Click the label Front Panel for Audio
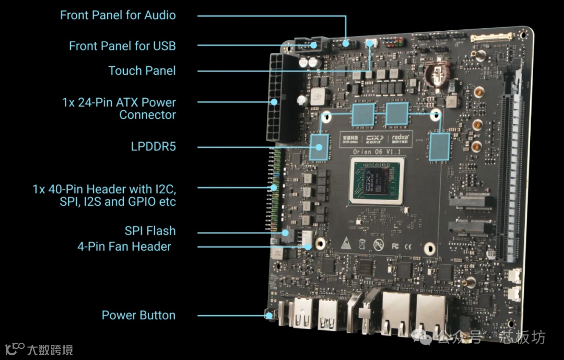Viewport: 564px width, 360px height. pos(118,15)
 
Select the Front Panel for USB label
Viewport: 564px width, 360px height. pos(122,46)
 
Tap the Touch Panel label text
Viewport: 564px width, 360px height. pos(142,71)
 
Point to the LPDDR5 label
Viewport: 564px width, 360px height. pos(153,146)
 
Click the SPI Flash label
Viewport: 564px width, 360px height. pos(150,231)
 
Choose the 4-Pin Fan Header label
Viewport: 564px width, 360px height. pos(124,246)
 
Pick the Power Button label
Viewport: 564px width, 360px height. pos(138,315)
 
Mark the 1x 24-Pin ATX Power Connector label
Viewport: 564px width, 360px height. pos(119,109)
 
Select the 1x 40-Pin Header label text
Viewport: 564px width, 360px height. pos(108,195)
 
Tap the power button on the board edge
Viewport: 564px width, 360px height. pos(269,315)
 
